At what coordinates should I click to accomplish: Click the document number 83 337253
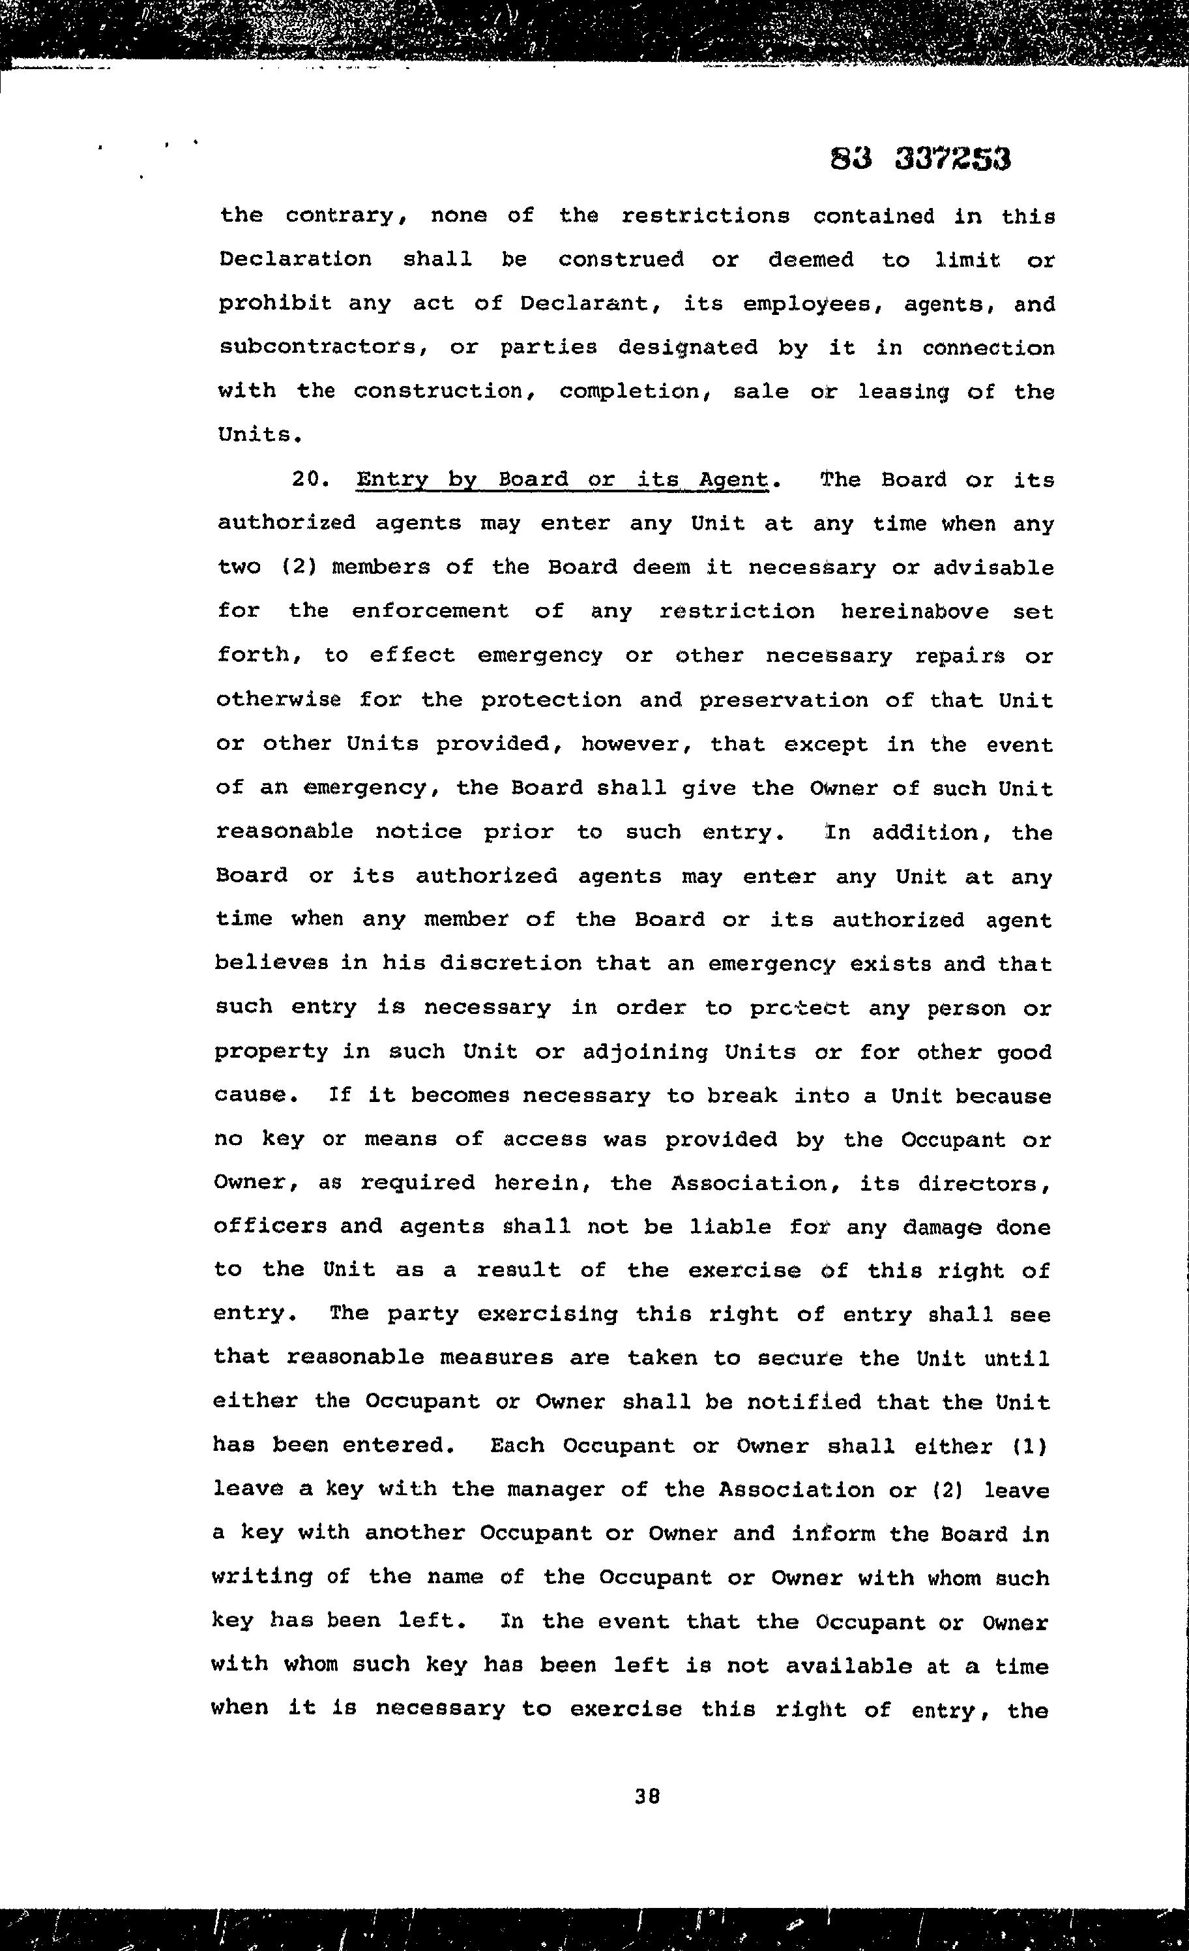[x=920, y=159]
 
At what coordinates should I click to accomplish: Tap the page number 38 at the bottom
[x=647, y=1796]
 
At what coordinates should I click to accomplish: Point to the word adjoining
[x=645, y=1052]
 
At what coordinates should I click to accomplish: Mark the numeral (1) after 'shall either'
[x=1029, y=1446]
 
